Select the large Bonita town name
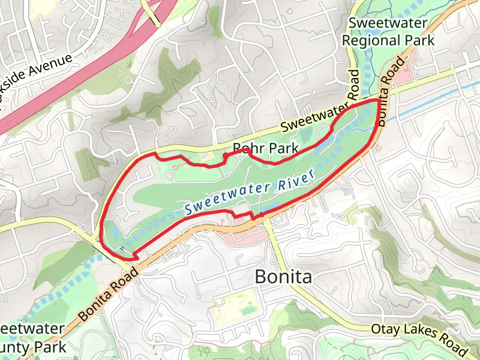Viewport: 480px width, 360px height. [x=283, y=277]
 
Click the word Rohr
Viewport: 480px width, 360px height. [x=245, y=149]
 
